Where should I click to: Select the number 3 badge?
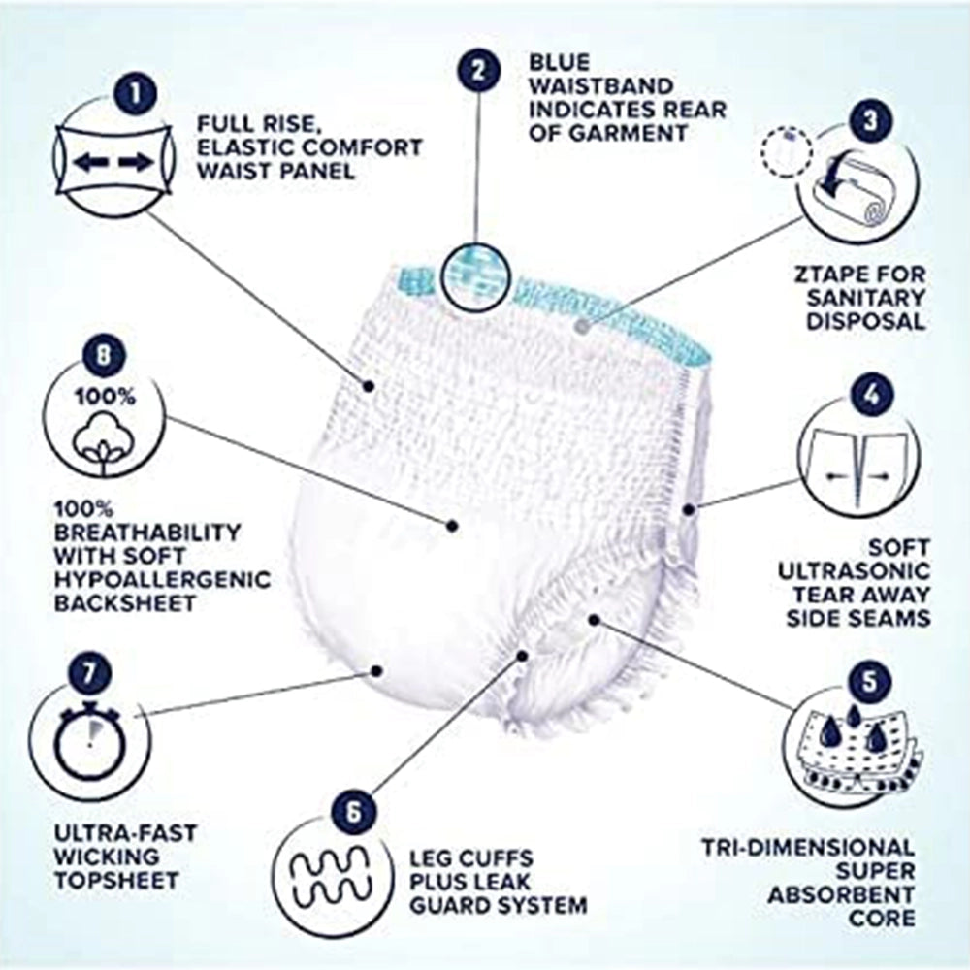point(870,120)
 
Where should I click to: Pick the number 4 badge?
point(870,394)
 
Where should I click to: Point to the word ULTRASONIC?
point(854,569)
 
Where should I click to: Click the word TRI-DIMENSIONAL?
point(808,847)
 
